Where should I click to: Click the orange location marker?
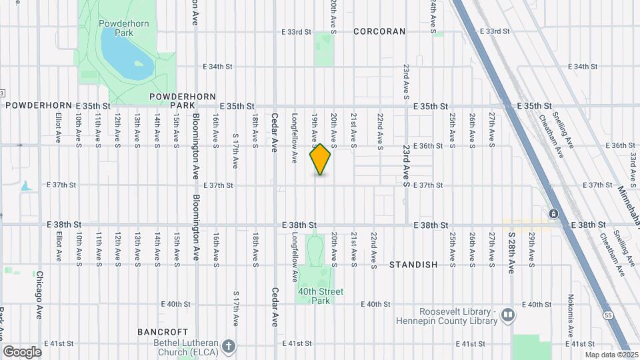320,159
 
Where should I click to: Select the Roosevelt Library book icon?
509,315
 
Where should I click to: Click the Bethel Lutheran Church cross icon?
229,345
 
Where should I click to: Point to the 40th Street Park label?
321,295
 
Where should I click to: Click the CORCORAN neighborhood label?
379,31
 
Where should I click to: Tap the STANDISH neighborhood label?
413,265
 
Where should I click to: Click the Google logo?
22,351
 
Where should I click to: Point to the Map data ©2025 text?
607,354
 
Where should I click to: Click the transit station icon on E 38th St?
553,213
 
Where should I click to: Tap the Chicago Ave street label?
39,293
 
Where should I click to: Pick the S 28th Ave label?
512,252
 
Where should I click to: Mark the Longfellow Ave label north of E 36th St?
294,130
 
